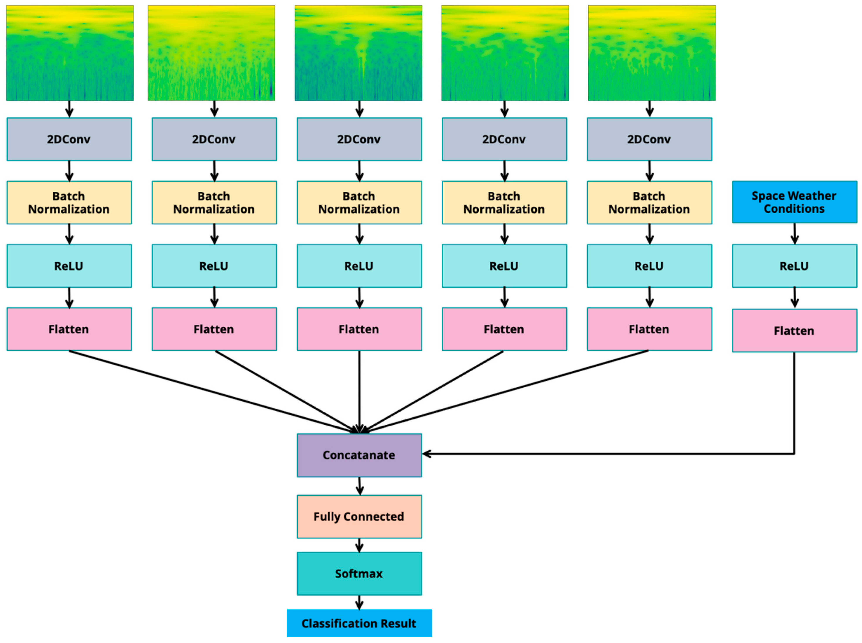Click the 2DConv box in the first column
point(69,139)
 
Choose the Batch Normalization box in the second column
point(214,202)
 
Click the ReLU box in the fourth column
point(504,266)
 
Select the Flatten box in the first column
point(69,329)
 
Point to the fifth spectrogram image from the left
point(651,53)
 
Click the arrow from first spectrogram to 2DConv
point(69,109)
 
